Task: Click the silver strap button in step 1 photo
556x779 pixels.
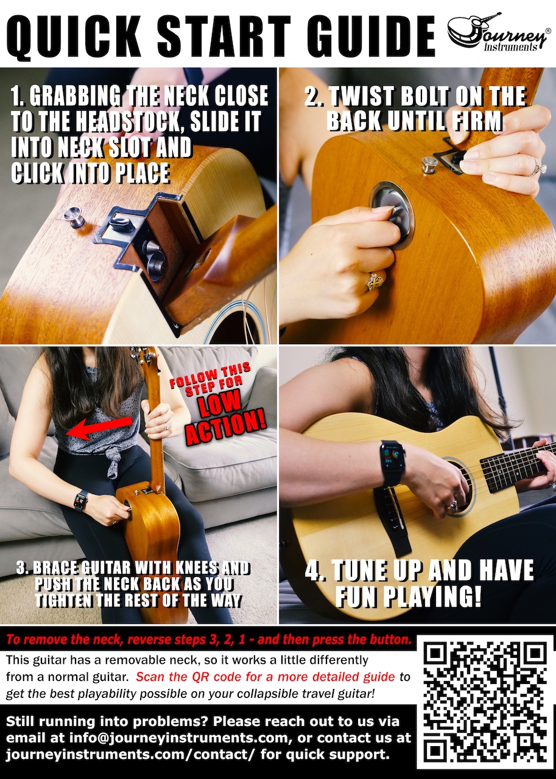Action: coord(74,215)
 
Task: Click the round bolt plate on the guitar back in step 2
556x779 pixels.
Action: coord(392,215)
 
